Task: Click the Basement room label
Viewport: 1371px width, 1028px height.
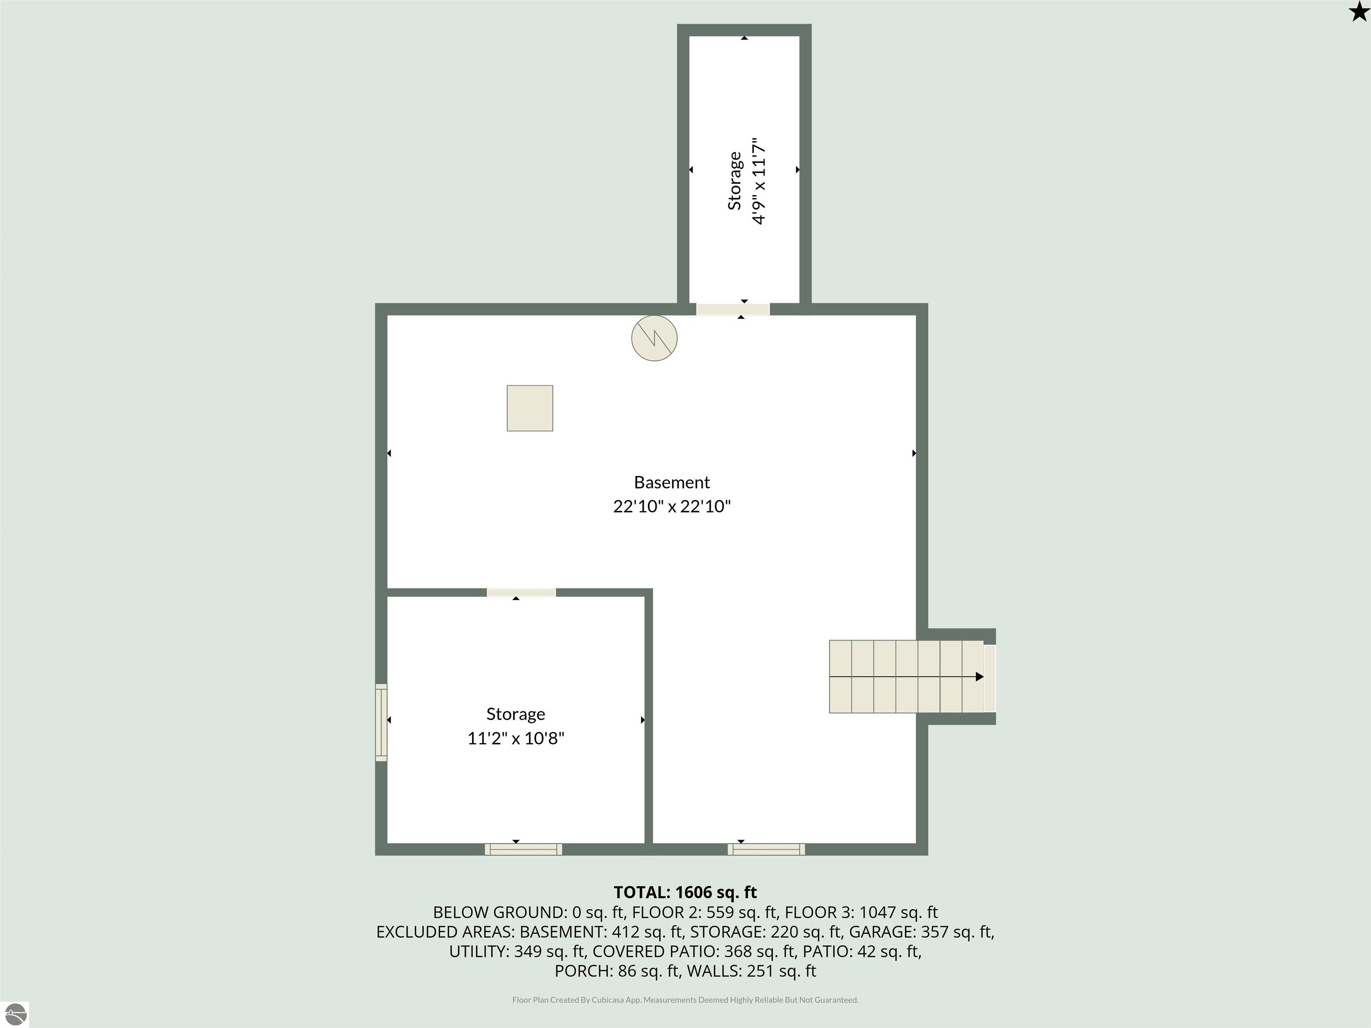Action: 672,482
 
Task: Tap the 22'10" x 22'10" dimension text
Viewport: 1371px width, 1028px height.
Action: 672,506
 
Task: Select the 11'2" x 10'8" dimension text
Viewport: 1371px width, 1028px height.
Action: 515,738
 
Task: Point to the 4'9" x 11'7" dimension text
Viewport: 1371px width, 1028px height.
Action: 759,181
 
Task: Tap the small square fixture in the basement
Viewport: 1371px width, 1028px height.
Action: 530,408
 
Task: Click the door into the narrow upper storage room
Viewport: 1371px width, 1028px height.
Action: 733,309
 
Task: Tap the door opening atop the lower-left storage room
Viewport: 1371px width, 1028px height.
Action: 521,593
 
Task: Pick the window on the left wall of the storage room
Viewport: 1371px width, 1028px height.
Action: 381,722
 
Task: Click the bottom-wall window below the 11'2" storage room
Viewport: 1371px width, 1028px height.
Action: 524,850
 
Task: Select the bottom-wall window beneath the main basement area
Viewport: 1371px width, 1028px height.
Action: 767,850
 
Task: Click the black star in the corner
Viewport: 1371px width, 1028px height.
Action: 1358,11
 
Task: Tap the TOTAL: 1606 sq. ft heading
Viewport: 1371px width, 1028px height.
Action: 685,892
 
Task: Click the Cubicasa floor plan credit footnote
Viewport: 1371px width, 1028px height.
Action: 685,999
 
